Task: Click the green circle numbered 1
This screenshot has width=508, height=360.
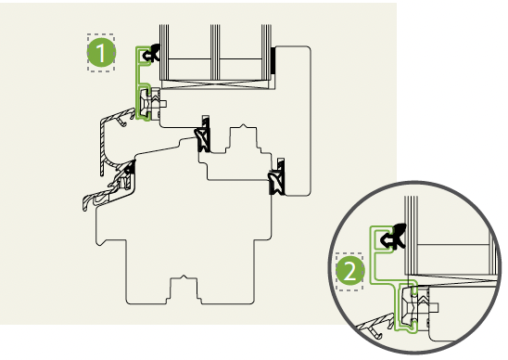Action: (x=101, y=53)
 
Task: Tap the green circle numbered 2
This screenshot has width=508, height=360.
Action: (x=349, y=272)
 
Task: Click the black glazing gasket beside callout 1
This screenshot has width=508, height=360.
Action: (x=152, y=53)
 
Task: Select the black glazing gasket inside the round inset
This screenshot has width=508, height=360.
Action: (x=393, y=236)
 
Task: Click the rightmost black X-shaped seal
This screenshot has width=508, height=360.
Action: (x=277, y=177)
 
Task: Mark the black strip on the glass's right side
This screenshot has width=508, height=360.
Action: (x=273, y=59)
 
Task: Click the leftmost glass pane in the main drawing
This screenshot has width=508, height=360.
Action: (x=164, y=52)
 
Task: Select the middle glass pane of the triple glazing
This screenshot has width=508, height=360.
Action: (x=215, y=52)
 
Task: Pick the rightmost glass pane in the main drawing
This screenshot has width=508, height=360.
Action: (x=266, y=52)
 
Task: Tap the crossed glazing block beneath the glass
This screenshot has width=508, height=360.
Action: (x=215, y=84)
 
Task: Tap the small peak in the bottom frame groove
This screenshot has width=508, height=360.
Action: (x=184, y=276)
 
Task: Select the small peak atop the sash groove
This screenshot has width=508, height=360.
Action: (x=243, y=126)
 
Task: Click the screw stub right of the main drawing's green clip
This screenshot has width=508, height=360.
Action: (x=163, y=104)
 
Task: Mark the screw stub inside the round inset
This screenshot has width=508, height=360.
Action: (x=434, y=306)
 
